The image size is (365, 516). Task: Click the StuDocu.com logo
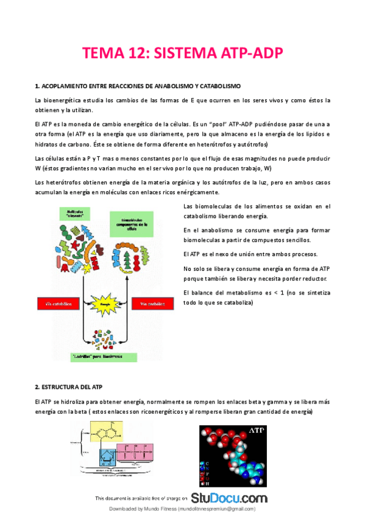tap(229, 498)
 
